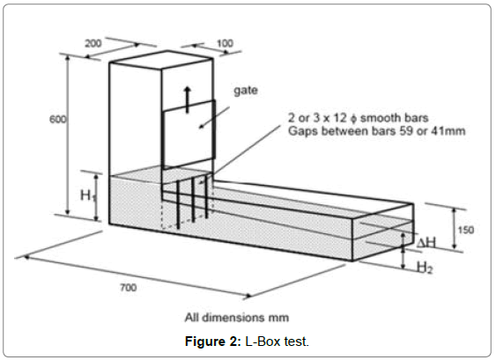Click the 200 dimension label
point(93,43)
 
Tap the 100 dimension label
point(225,43)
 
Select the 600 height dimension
point(58,119)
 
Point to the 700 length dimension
point(128,287)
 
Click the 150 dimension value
point(466,230)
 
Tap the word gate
point(246,91)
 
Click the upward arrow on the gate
point(188,99)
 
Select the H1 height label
point(88,195)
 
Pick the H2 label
point(424,268)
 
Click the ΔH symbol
point(426,243)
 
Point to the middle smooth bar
point(193,200)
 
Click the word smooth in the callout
point(376,118)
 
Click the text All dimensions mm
point(237,318)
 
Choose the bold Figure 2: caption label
point(213,342)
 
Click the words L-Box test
point(278,342)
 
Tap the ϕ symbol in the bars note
point(353,119)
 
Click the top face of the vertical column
point(161,60)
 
